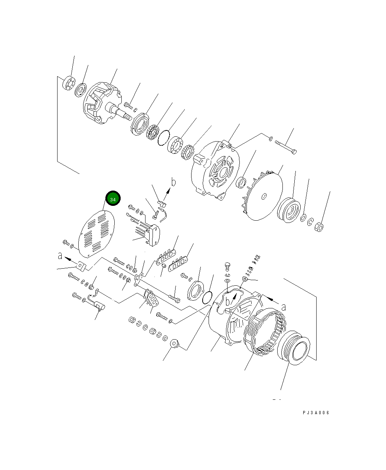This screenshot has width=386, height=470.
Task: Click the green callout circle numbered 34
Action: point(113,199)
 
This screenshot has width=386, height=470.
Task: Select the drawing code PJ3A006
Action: point(315,413)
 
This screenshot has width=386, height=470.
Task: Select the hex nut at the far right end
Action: point(319,227)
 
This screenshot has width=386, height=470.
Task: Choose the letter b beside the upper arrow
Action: point(173,182)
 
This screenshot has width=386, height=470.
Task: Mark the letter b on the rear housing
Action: point(228,302)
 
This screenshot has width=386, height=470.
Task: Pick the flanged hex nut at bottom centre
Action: point(175,344)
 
